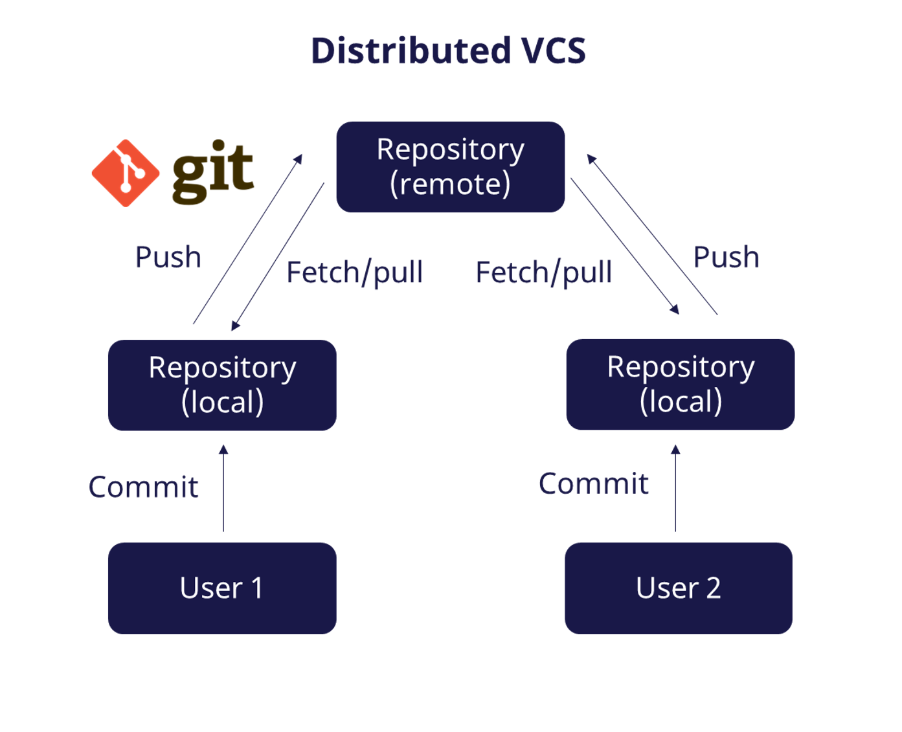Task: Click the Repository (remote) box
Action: pos(450,167)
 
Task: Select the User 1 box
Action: pos(222,588)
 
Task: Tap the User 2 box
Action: pos(678,588)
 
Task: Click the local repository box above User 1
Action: pos(222,384)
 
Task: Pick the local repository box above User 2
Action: pos(680,384)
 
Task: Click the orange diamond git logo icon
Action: pos(126,173)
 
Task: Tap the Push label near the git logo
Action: pos(168,257)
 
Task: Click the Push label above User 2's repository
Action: pos(726,257)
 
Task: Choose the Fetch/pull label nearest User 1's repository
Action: pos(354,272)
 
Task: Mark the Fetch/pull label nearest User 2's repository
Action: pos(543,272)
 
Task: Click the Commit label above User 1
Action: pos(143,487)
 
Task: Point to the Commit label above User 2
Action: pos(593,483)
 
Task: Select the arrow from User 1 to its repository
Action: pos(223,489)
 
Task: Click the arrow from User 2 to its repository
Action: pos(675,489)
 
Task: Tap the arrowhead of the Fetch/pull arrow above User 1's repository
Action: pos(235,326)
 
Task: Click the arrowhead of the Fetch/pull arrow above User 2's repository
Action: pos(675,309)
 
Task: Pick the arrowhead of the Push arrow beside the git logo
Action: pos(299,159)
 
